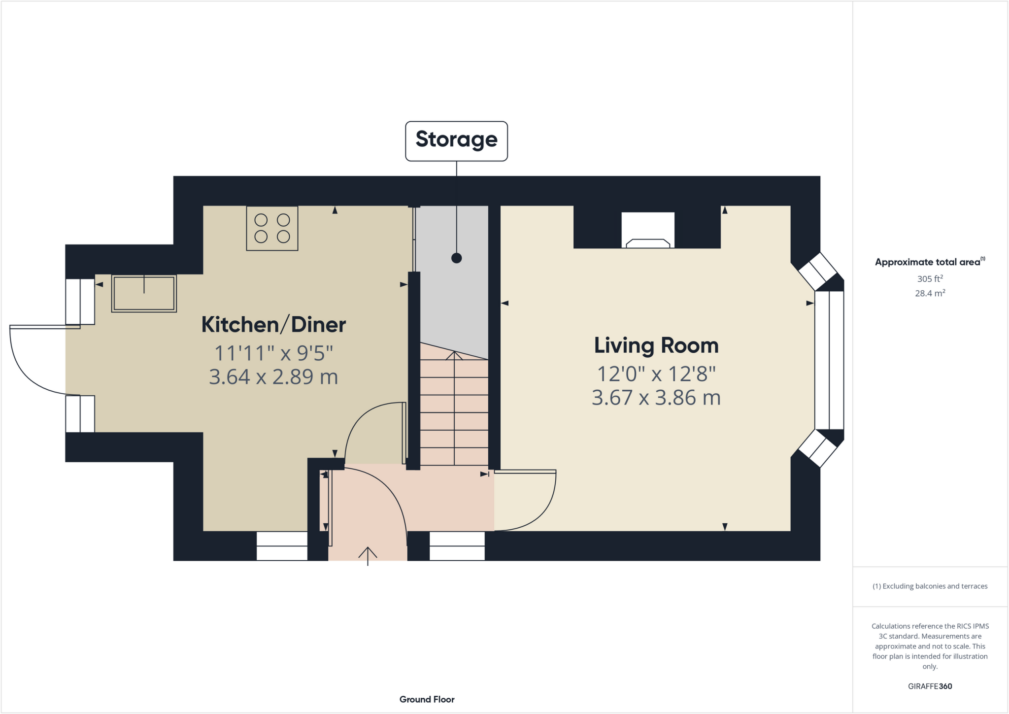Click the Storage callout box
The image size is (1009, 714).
pos(456,140)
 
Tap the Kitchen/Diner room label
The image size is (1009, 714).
pos(273,325)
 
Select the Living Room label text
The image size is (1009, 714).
pos(656,345)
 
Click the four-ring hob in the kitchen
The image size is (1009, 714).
pos(272,228)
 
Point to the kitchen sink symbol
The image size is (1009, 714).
pos(144,293)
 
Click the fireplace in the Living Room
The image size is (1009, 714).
pos(647,231)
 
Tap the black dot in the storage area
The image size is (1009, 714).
pos(456,258)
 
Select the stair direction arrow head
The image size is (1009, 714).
pos(454,355)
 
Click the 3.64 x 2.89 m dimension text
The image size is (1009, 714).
pos(273,377)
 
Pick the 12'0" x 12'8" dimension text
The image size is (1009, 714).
pos(656,374)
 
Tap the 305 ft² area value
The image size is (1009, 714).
pos(930,279)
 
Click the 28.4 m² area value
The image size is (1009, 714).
pos(930,293)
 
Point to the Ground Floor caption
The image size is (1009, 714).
pos(427,699)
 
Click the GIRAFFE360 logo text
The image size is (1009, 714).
pos(930,686)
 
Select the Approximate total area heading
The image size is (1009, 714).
pos(929,262)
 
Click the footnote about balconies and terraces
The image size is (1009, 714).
pos(930,586)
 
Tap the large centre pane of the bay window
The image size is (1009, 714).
pos(829,360)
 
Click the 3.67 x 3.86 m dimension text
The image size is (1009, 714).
pos(656,398)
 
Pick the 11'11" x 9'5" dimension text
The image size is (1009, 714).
pos(273,353)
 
